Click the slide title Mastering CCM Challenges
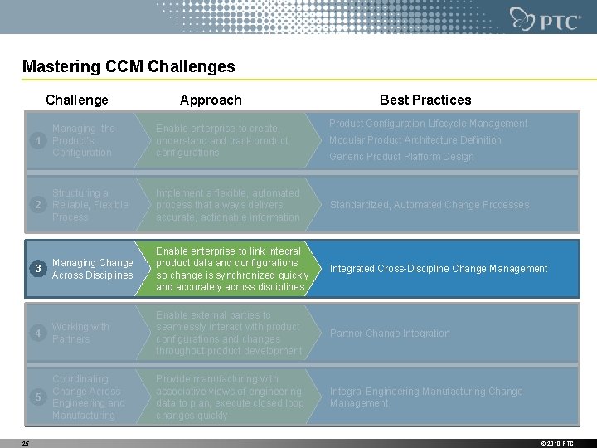point(129,66)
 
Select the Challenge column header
point(77,100)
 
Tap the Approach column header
point(211,100)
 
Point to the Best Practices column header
point(425,100)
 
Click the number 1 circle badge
point(37,141)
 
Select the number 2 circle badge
point(37,205)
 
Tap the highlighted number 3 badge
point(37,269)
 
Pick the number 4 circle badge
point(37,334)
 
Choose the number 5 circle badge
point(37,397)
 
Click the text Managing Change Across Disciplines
point(92,269)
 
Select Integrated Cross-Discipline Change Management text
point(439,269)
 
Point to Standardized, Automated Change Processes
point(429,205)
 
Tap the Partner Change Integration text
point(390,334)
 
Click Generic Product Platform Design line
point(401,157)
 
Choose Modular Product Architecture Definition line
point(415,140)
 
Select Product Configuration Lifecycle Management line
point(428,124)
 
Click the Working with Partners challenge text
point(80,333)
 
